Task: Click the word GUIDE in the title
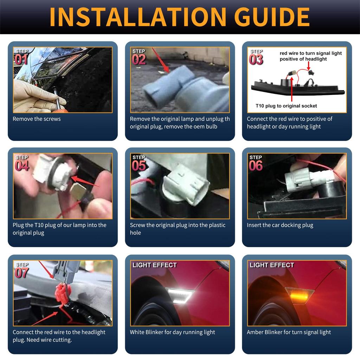coord(272,17)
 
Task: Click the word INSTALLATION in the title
coord(138,17)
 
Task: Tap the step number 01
coord(21,59)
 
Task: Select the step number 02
coord(139,59)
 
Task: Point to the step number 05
coord(139,166)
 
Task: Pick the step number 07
coord(21,273)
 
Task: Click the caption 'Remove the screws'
coord(37,119)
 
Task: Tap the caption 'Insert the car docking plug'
coord(280,225)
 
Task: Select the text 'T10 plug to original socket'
coord(286,106)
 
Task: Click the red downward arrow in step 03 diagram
coord(309,66)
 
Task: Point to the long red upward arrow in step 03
coord(291,89)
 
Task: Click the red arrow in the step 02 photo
coord(161,60)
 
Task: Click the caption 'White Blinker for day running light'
coord(172,332)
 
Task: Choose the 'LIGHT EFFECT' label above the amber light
coord(272,265)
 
